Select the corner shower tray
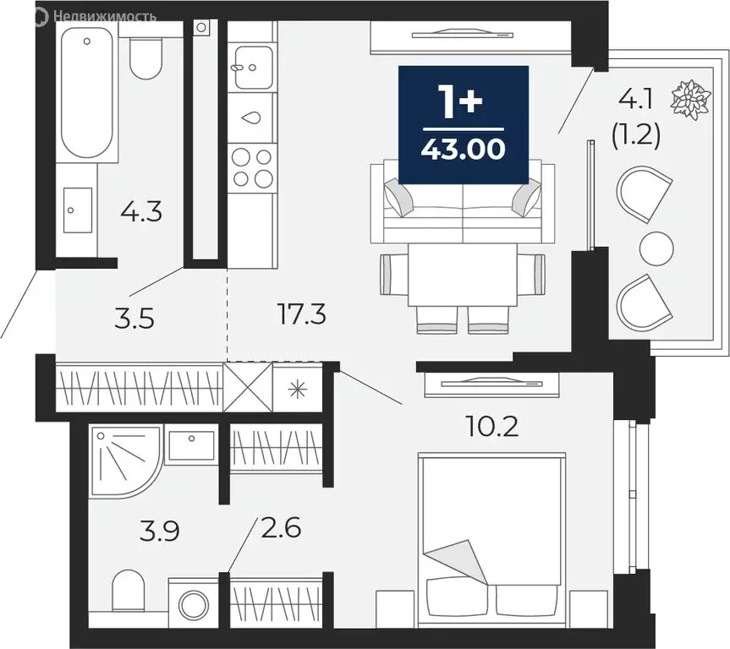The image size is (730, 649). tap(123, 465)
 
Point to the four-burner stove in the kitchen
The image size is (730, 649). tap(252, 166)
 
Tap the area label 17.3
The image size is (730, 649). tap(302, 316)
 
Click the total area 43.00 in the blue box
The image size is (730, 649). tap(464, 150)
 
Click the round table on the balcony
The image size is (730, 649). tap(656, 248)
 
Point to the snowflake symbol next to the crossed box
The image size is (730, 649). tap(296, 388)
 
